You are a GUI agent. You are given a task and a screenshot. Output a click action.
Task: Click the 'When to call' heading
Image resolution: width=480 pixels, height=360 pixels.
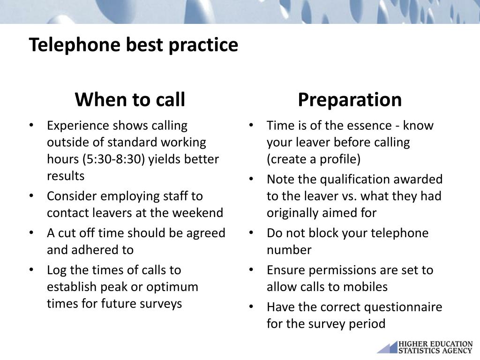(x=130, y=99)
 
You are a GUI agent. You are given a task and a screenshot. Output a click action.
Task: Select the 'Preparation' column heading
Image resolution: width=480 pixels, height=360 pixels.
(x=350, y=100)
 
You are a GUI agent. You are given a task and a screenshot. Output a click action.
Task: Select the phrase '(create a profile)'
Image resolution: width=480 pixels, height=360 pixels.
(x=314, y=159)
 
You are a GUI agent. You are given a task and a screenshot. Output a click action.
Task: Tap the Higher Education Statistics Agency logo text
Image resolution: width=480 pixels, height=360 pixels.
(x=435, y=347)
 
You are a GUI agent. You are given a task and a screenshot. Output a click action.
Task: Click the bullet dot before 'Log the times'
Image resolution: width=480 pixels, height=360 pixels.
(x=31, y=270)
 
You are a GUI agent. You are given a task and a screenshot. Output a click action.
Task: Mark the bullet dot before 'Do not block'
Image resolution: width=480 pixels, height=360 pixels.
(x=251, y=232)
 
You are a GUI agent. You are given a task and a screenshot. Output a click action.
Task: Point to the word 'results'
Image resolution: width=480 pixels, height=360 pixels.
(x=66, y=176)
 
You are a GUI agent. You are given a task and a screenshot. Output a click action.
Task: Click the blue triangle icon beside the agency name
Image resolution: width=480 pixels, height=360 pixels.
(x=388, y=348)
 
